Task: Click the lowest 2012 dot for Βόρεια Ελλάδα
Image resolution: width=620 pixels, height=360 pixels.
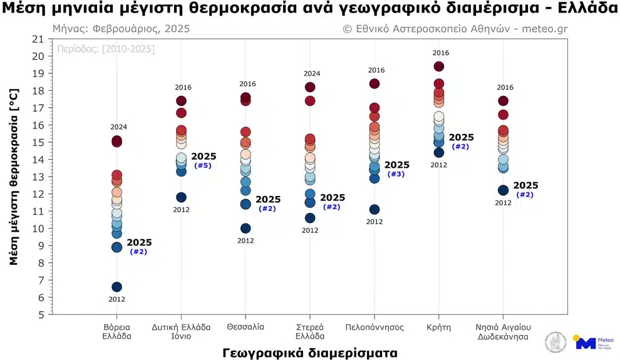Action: [x=116, y=287]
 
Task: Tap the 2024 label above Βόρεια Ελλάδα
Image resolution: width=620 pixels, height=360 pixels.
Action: [x=118, y=127]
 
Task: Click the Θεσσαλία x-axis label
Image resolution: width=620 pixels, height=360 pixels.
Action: [x=245, y=327]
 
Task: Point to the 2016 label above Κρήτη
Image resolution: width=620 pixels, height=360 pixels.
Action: [x=441, y=53]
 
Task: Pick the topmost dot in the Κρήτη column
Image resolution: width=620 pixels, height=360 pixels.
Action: [x=438, y=66]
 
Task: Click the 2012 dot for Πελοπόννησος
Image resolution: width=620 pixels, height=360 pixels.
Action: [x=375, y=209]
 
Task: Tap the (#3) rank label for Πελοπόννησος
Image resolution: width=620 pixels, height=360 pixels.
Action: [x=396, y=174]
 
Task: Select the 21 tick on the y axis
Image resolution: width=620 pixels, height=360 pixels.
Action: [x=38, y=39]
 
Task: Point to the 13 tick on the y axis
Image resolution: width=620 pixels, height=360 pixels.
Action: [x=38, y=177]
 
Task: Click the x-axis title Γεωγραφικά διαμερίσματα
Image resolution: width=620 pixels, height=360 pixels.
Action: [x=309, y=352]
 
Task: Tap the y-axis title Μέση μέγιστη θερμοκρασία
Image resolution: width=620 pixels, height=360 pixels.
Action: [x=14, y=177]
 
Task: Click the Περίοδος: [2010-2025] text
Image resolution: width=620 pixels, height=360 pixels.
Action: [x=106, y=49]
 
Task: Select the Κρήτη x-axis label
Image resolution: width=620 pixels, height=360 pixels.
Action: [x=438, y=327]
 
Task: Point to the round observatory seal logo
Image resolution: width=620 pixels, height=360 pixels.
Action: [x=555, y=341]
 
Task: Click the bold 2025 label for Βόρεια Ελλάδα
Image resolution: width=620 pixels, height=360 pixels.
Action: [x=139, y=242]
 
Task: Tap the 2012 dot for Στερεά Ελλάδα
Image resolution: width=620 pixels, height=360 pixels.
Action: [x=310, y=218]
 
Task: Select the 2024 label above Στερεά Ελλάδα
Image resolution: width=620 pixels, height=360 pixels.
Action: [x=312, y=74]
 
